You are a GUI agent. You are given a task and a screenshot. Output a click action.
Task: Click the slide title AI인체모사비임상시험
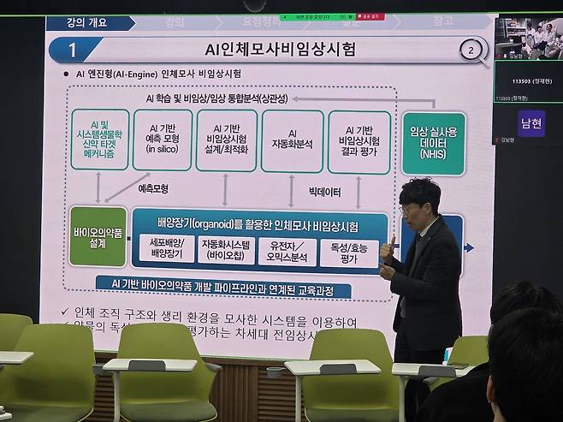coord(270,50)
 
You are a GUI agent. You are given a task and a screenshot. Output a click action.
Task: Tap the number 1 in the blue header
coord(73,51)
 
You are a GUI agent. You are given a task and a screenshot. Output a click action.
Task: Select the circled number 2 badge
coord(470,50)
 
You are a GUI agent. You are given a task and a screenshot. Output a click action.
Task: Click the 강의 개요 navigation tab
coord(86,23)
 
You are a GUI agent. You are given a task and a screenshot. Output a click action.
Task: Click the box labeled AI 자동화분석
coord(292,140)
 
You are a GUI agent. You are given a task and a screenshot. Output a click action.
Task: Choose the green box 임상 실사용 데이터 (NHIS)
coord(433,143)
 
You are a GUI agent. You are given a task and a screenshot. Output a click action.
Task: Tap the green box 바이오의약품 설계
coord(98,236)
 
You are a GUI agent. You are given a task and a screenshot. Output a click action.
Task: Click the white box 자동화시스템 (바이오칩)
coord(227,249)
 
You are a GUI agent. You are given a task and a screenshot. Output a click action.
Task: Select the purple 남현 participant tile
coord(530,123)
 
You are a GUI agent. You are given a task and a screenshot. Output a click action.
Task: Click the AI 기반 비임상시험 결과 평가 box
coord(359,141)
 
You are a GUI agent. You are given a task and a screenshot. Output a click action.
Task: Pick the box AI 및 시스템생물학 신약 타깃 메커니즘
coord(100,140)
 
